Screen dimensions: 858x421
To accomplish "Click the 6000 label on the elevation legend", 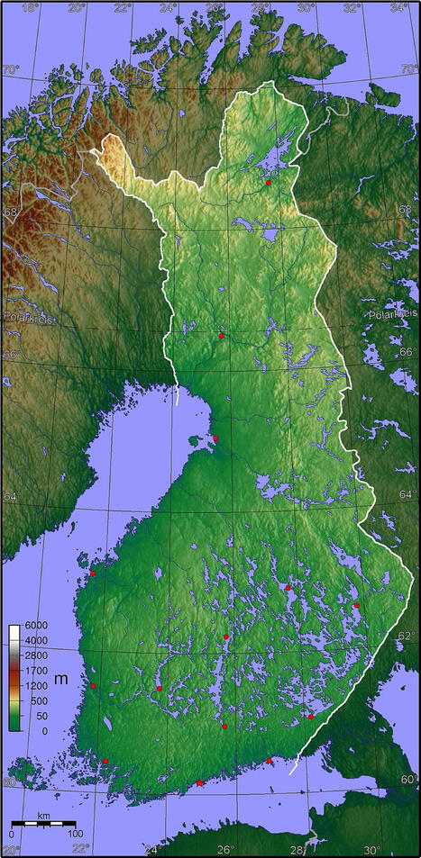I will (37, 625).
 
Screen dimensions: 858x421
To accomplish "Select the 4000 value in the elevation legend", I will (37, 640).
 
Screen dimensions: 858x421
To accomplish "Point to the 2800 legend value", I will (37, 655).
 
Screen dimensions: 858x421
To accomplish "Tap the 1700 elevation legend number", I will (37, 671).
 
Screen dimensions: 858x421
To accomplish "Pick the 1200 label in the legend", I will (37, 686).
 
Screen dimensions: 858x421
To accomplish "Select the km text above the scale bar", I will (43, 817).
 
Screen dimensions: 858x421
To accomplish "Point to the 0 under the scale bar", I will (12, 833).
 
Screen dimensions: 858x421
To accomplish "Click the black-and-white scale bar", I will (42, 824).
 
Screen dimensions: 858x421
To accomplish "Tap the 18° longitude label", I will (30, 8).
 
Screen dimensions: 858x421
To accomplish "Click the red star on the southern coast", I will (199, 783).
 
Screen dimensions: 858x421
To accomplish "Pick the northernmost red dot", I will (269, 183).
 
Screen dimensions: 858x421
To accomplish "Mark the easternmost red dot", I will (356, 605).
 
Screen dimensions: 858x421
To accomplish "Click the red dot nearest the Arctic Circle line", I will (222, 336).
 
